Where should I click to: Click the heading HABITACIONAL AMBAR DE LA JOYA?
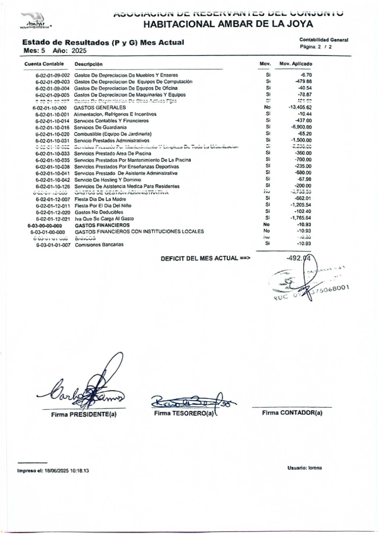(x=228, y=24)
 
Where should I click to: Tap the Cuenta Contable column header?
(x=44, y=64)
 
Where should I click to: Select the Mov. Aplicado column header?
(x=296, y=64)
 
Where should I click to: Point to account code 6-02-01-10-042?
(x=53, y=180)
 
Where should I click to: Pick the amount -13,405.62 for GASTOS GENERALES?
(x=300, y=107)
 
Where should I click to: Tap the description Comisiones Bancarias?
(x=99, y=245)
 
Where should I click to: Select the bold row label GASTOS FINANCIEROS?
(x=102, y=225)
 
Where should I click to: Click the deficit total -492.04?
(x=298, y=258)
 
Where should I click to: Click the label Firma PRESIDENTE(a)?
(x=84, y=414)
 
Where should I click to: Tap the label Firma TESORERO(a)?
(x=184, y=413)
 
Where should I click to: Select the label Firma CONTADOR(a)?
(x=292, y=413)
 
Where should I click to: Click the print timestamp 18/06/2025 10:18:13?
(x=67, y=470)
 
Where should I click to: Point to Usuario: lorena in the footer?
(x=304, y=468)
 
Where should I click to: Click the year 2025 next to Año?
(x=79, y=51)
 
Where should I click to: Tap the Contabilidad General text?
(x=323, y=40)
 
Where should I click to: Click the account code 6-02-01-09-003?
(x=53, y=82)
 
